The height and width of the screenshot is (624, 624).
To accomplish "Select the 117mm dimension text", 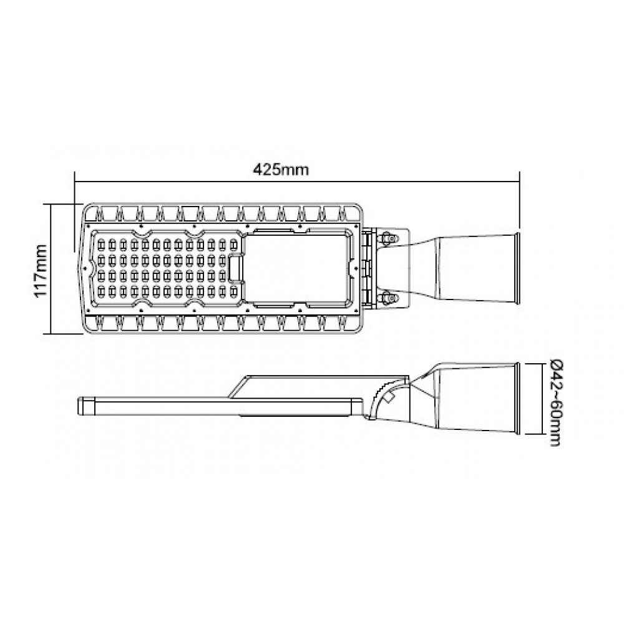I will (41, 269).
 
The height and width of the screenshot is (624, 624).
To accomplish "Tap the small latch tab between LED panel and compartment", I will (236, 268).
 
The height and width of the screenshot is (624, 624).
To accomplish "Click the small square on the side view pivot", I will (389, 395).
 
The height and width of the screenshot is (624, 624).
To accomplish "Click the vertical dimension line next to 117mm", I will (52, 268).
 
